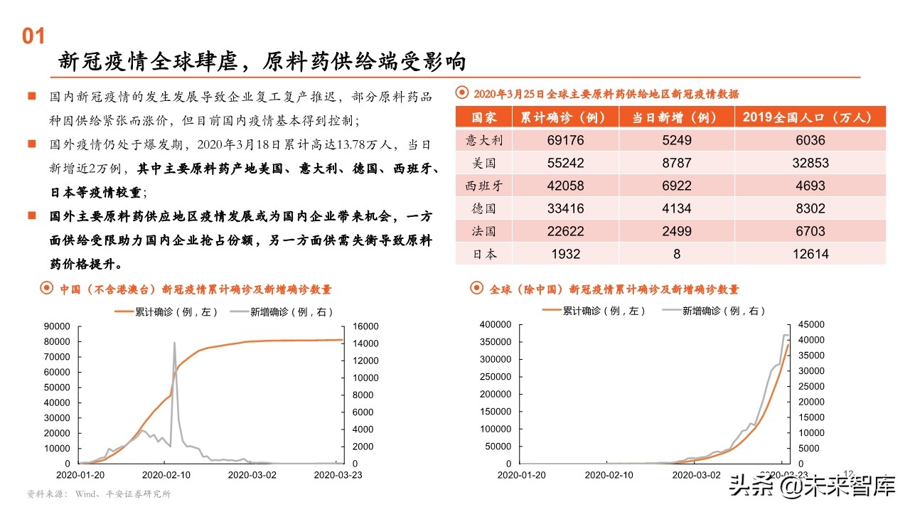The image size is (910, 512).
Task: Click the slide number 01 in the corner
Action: pos(34,37)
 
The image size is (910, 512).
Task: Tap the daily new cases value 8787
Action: pos(676,163)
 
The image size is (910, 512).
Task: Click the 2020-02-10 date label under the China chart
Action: pos(166,474)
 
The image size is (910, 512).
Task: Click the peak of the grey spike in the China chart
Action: pos(174,343)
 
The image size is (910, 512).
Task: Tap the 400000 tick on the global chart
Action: pos(496,324)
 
